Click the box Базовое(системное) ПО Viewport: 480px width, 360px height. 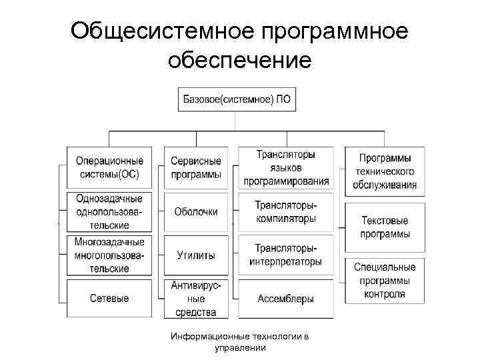237,100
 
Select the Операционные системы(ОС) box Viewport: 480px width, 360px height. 109,167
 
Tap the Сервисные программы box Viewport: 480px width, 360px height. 196,167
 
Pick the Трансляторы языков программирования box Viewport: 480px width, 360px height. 286,167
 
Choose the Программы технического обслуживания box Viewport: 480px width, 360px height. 385,171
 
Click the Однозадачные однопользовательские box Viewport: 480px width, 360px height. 109,211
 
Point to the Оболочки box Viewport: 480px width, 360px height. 196,211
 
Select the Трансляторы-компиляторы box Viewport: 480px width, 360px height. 286,211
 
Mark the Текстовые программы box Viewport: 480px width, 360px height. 385,227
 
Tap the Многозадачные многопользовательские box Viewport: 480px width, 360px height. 109,255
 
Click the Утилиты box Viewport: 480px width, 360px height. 196,255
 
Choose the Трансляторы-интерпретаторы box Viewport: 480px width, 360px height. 286,255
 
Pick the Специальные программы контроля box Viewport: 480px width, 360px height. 385,280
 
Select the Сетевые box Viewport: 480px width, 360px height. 109,299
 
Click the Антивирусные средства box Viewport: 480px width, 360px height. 196,299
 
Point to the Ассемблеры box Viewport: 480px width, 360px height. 286,299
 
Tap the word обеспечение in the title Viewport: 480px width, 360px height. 240,61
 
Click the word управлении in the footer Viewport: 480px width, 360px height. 240,347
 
